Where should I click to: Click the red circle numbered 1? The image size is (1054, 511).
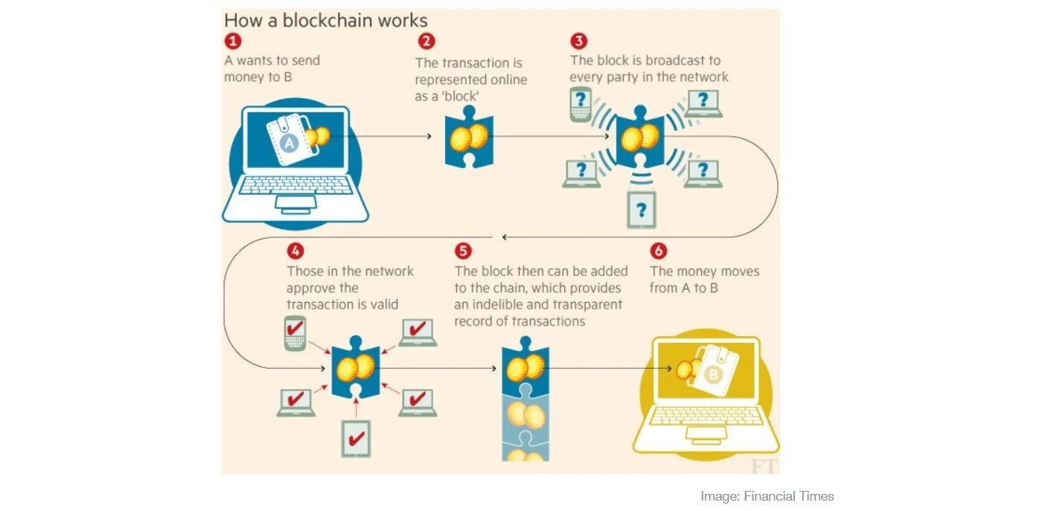232,41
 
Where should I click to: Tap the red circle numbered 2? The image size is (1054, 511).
427,41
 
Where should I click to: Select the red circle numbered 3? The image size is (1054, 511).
579,41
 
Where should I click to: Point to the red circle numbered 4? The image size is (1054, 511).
296,251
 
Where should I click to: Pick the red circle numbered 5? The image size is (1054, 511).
463,251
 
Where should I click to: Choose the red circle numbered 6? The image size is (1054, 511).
659,251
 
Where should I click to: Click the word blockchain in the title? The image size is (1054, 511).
328,21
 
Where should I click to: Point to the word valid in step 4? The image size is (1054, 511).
384,305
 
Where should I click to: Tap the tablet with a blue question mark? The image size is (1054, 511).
642,210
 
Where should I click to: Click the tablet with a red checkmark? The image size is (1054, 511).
357,439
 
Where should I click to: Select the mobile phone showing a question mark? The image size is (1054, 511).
581,104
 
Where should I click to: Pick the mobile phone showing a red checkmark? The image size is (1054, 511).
295,333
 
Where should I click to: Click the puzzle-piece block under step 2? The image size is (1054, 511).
469,137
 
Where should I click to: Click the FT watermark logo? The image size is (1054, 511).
764,466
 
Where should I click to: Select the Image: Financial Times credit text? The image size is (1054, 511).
767,496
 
